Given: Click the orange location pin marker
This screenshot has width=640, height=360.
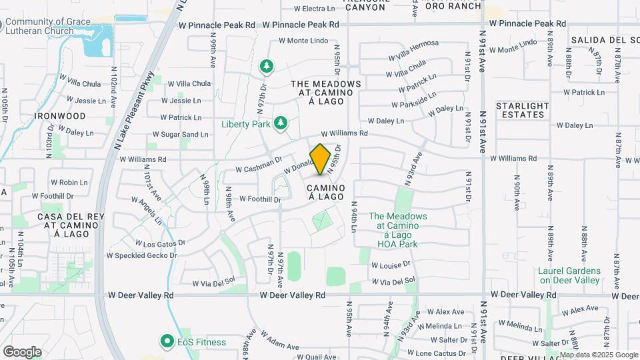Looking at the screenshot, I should point(321,159).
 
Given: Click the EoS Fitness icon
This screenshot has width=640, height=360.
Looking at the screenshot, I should point(166,342).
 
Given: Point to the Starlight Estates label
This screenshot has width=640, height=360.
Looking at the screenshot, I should point(523,110).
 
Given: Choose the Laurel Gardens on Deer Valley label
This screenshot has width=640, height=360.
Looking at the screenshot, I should point(569,276).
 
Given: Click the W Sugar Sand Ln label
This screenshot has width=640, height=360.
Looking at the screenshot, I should point(180,135).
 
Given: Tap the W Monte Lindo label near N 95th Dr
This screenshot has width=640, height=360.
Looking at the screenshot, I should point(303,41).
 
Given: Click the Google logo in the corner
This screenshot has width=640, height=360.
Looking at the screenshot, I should point(22,352).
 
